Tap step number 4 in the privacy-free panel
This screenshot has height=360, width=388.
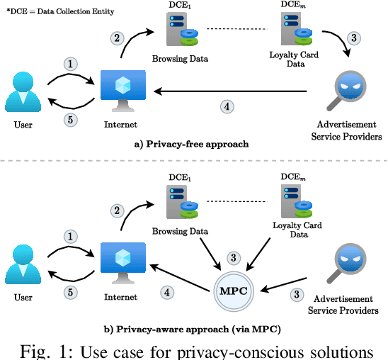pyautogui.click(x=227, y=107)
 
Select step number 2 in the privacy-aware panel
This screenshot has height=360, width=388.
pyautogui.click(x=118, y=210)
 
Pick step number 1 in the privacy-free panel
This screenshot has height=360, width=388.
pyautogui.click(x=70, y=64)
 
